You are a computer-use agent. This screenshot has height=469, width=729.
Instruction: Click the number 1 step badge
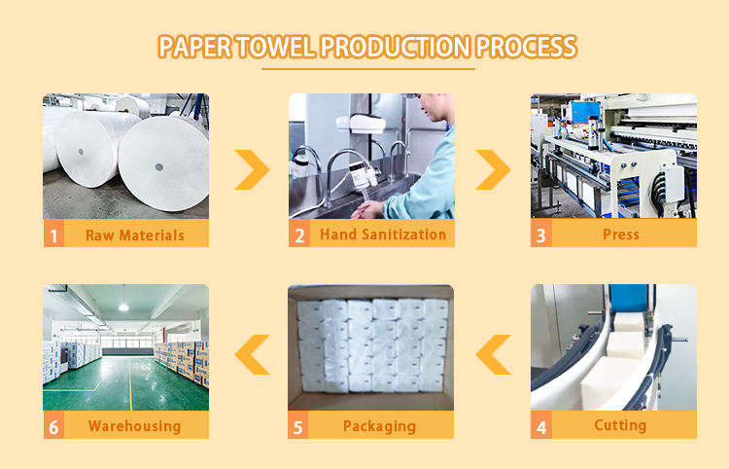pyautogui.click(x=53, y=234)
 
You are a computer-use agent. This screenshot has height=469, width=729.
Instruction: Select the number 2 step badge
pyautogui.click(x=299, y=234)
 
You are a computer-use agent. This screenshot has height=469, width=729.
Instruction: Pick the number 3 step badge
pyautogui.click(x=541, y=234)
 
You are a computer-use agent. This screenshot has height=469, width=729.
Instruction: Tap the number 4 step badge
pyautogui.click(x=541, y=425)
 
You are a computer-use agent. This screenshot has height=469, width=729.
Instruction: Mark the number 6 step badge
pyautogui.click(x=53, y=425)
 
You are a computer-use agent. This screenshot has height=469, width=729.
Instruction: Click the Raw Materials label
pyautogui.click(x=135, y=234)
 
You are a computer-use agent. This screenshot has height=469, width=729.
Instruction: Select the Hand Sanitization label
pyautogui.click(x=383, y=234)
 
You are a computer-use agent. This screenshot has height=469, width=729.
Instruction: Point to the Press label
pyautogui.click(x=621, y=234)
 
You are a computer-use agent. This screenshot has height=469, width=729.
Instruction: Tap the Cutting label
pyautogui.click(x=620, y=424)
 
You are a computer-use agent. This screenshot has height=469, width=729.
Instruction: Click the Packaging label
pyautogui.click(x=379, y=425)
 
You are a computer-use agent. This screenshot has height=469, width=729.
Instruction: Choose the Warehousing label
pyautogui.click(x=134, y=425)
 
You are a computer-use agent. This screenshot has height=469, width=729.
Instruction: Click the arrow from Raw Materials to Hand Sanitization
pyautogui.click(x=252, y=169)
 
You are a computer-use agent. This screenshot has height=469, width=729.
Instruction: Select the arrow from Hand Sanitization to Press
pyautogui.click(x=493, y=169)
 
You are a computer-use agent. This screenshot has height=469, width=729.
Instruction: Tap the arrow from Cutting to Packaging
pyautogui.click(x=494, y=353)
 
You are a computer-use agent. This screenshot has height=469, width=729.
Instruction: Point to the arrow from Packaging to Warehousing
pyautogui.click(x=252, y=353)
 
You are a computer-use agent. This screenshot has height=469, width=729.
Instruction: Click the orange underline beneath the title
pyautogui.click(x=368, y=68)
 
